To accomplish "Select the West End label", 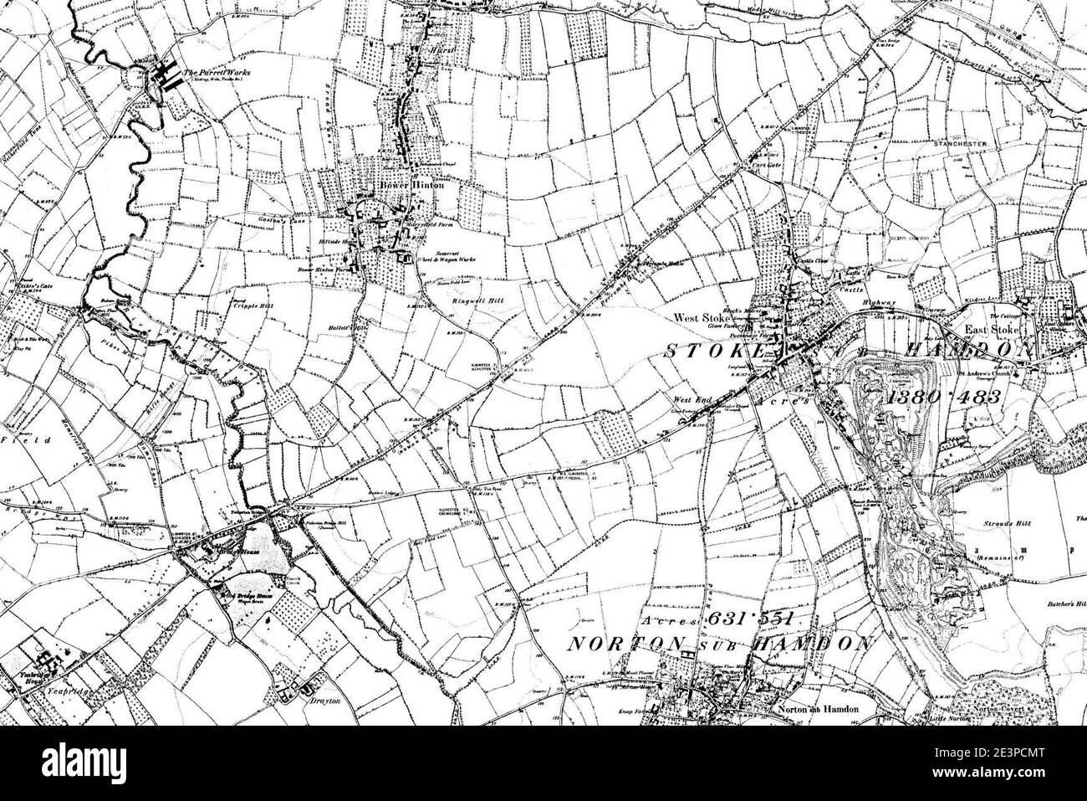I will (x=693, y=401).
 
